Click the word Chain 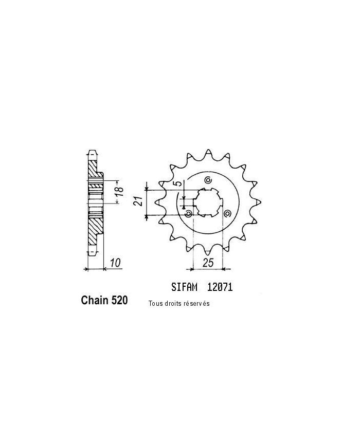(x=94, y=301)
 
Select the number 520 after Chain (x=118, y=301)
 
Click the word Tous (x=155, y=304)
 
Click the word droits (x=173, y=304)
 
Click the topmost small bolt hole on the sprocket (x=208, y=180)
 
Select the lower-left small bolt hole (x=188, y=213)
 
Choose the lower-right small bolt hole (x=226, y=213)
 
